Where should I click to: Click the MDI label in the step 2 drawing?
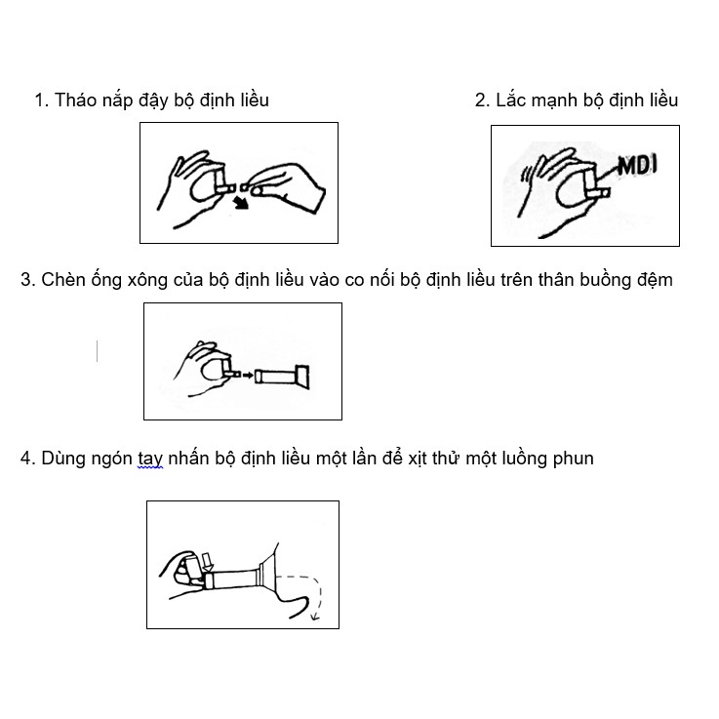(x=637, y=166)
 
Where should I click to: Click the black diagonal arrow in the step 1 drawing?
(x=240, y=202)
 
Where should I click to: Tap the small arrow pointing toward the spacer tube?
(x=248, y=376)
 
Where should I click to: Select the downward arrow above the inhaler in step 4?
(x=208, y=562)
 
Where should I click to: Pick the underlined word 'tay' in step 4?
(x=150, y=459)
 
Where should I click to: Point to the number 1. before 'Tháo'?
(x=42, y=100)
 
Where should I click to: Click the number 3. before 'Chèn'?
(x=28, y=280)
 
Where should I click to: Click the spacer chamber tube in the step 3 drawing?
(x=282, y=377)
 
